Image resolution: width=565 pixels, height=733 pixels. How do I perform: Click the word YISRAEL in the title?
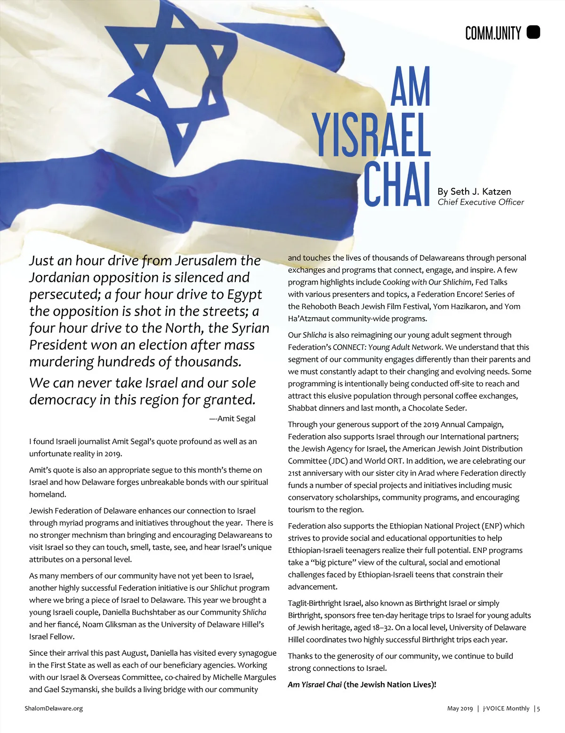(x=371, y=135)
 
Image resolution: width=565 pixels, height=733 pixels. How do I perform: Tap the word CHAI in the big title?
(x=398, y=184)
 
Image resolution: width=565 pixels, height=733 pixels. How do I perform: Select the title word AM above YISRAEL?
(x=411, y=88)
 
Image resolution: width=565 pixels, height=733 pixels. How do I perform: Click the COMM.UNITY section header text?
(x=493, y=33)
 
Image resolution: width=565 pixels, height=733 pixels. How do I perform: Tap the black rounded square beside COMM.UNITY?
(x=533, y=32)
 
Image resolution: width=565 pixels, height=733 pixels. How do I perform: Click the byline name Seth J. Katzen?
(x=474, y=191)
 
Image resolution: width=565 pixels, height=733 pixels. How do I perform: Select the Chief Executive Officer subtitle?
(x=481, y=202)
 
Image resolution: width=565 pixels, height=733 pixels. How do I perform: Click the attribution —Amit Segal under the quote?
(x=233, y=419)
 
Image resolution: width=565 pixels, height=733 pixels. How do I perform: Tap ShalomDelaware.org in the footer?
(x=54, y=708)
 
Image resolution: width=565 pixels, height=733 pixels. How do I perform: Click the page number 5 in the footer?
(x=538, y=709)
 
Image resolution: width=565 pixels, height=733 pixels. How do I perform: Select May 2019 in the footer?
(x=460, y=709)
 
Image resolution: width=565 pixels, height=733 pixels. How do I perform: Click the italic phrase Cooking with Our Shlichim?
(x=427, y=282)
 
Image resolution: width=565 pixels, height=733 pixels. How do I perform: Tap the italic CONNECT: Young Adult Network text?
(x=387, y=347)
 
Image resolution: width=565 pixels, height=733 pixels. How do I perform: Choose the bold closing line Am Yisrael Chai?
(x=315, y=685)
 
